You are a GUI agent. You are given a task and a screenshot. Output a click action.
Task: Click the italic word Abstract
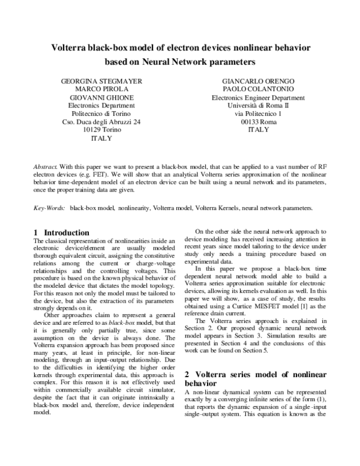[x=46, y=163]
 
